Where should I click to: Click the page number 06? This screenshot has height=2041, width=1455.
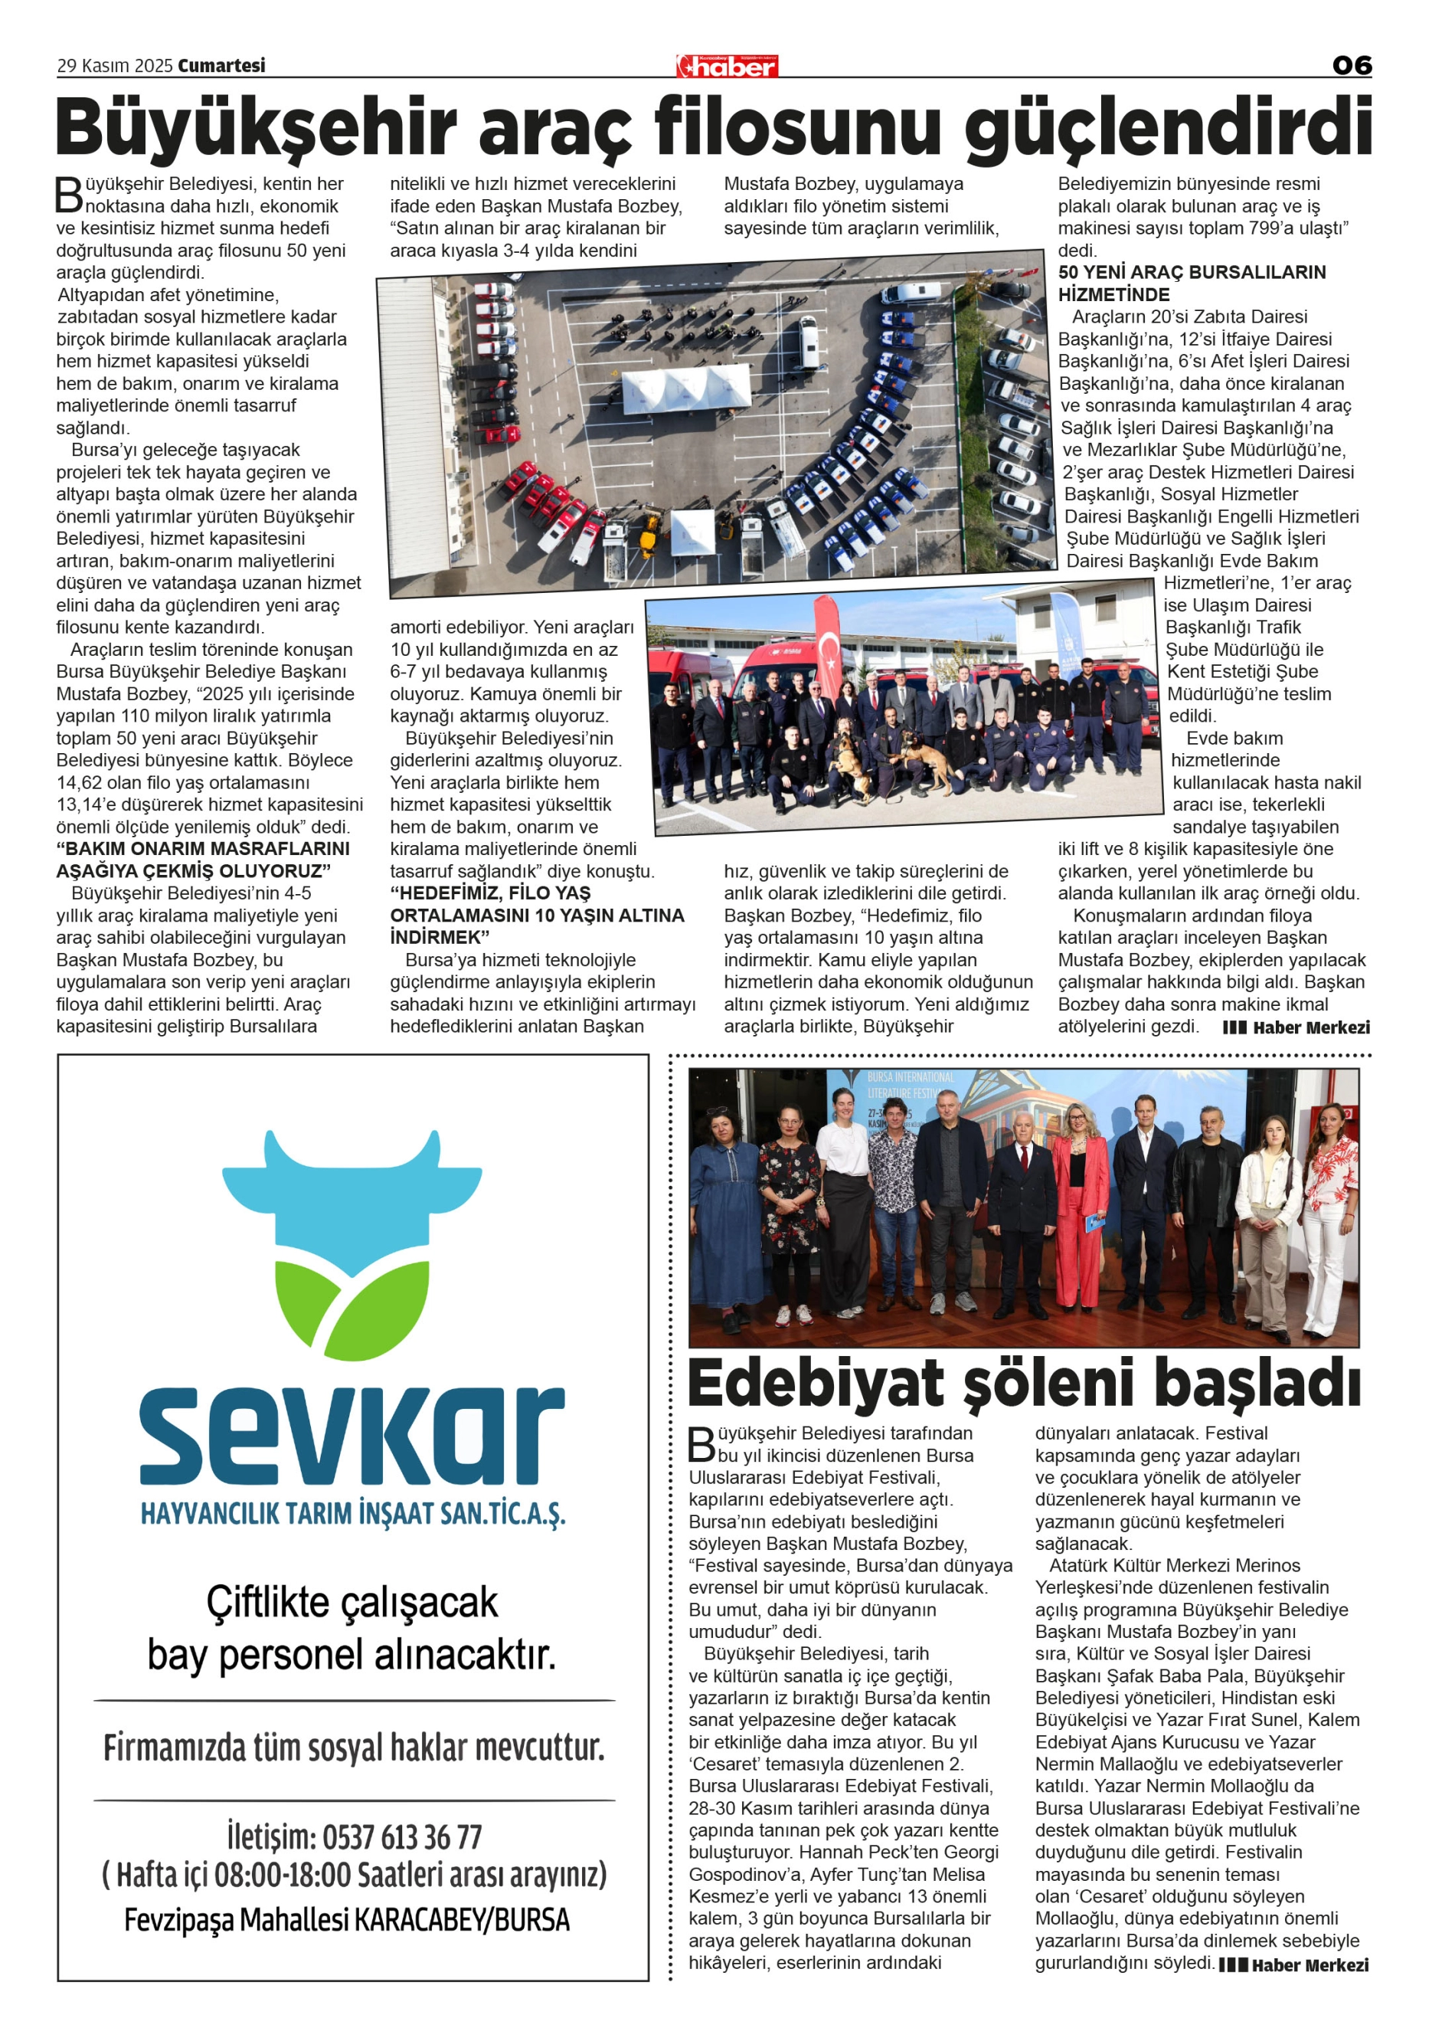(x=1351, y=65)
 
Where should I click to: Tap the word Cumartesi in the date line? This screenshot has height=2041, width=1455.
(x=221, y=65)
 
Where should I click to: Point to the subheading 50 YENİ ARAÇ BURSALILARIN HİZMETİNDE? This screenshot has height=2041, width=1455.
(x=1192, y=283)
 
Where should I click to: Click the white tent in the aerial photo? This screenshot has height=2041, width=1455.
(x=686, y=385)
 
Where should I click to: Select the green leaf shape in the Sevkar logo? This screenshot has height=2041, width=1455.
(x=351, y=1318)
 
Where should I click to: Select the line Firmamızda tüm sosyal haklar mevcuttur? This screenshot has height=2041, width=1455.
(x=353, y=1748)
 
